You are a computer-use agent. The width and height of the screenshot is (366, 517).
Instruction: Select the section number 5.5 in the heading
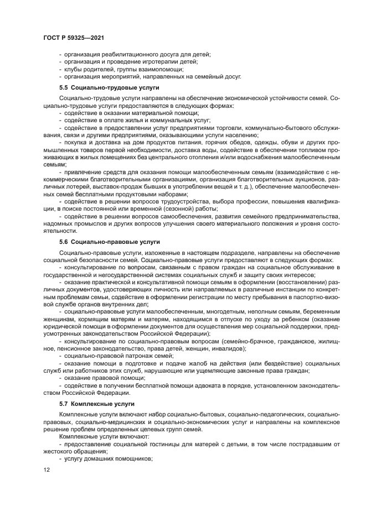coord(63,87)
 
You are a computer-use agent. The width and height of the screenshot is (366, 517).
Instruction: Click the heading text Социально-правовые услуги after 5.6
coord(115,242)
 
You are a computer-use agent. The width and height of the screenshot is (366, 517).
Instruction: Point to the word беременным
coord(317,312)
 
